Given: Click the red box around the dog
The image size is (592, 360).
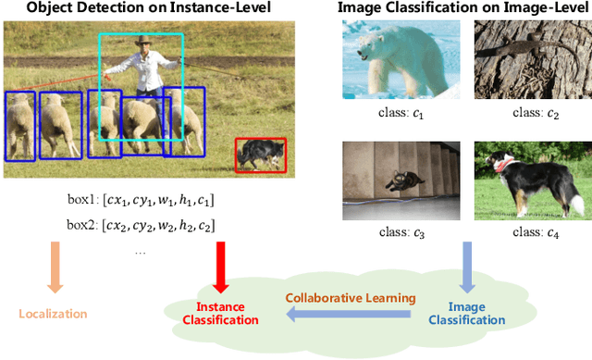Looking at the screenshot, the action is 260,155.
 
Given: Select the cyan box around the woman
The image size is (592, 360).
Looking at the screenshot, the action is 141,87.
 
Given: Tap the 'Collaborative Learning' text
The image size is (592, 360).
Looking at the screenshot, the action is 351,298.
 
